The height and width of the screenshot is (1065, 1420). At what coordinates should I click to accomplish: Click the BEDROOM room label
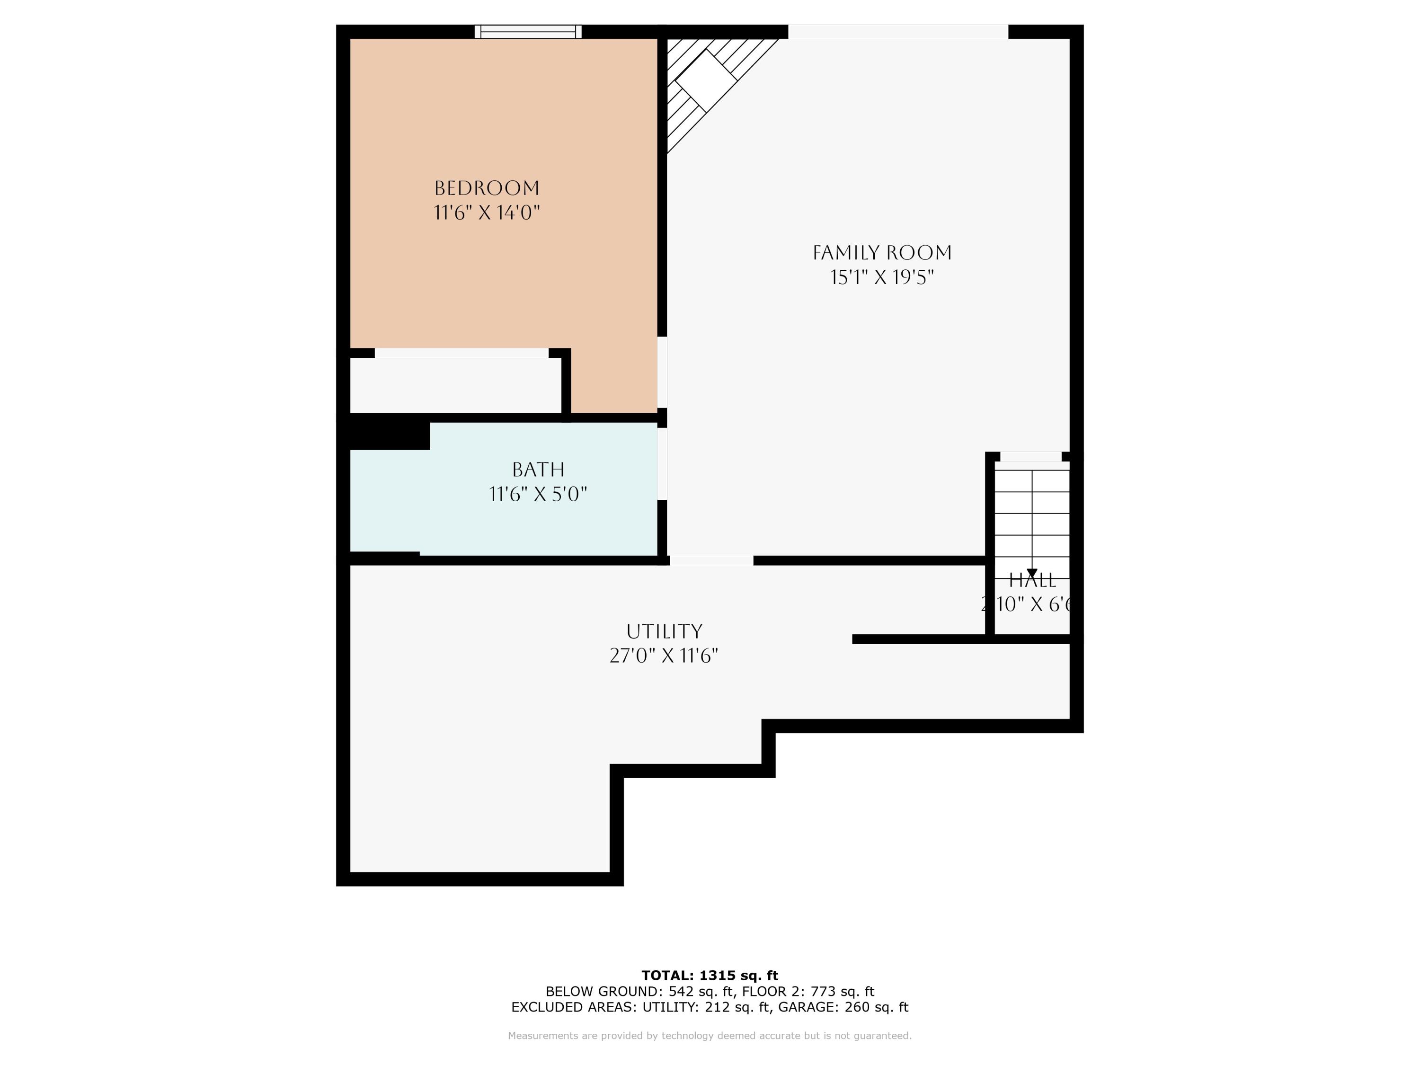click(x=487, y=188)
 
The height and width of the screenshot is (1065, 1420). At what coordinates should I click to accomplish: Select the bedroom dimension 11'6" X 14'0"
click(x=487, y=213)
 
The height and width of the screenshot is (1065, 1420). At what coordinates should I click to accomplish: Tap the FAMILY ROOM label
click(x=881, y=253)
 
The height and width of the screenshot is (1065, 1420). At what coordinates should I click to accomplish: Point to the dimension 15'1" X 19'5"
click(x=881, y=277)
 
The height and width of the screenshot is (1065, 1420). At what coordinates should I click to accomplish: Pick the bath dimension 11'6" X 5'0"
click(x=538, y=494)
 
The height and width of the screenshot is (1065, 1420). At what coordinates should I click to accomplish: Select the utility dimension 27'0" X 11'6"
click(x=664, y=656)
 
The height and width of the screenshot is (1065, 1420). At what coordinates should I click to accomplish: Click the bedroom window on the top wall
click(x=528, y=31)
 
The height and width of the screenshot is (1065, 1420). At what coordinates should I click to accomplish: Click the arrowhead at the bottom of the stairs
click(x=1031, y=573)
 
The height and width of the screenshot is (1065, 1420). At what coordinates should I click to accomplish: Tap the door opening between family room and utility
click(x=711, y=560)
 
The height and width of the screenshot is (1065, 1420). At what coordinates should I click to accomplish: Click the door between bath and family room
click(x=662, y=463)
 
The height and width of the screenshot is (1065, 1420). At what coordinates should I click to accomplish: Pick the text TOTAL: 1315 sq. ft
click(x=710, y=976)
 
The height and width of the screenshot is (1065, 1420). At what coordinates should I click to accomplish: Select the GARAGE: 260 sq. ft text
click(x=843, y=1007)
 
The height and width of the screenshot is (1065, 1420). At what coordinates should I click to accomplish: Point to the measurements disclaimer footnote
click(x=710, y=1036)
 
